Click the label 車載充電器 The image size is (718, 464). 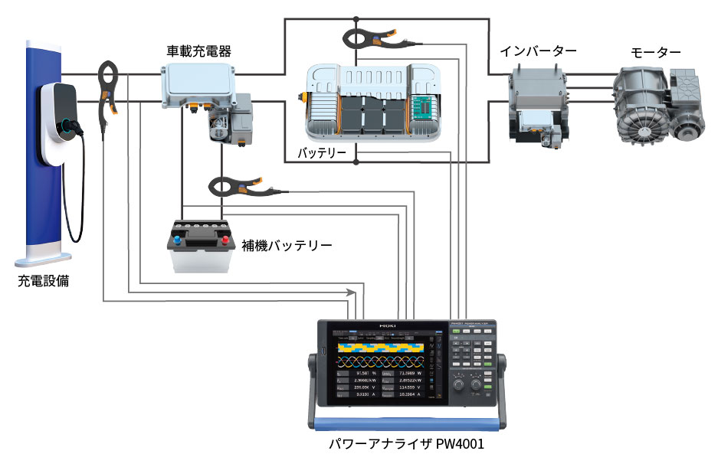tap(199, 51)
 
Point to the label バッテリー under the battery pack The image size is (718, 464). tap(322, 154)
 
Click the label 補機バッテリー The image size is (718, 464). tap(287, 247)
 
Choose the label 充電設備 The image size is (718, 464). tap(44, 281)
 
